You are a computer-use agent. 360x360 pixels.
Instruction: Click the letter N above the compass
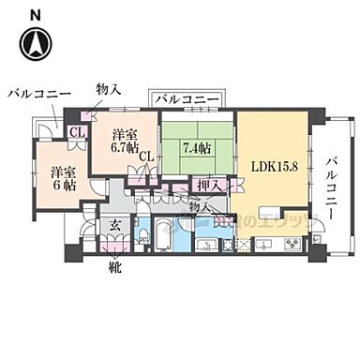[x=35, y=12]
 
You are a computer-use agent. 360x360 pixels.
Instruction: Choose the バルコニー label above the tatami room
[x=187, y=99]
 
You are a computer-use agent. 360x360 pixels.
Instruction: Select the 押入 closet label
[x=208, y=185]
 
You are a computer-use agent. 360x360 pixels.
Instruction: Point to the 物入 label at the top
[x=108, y=90]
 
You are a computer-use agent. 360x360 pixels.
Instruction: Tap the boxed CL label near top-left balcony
[x=77, y=132]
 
